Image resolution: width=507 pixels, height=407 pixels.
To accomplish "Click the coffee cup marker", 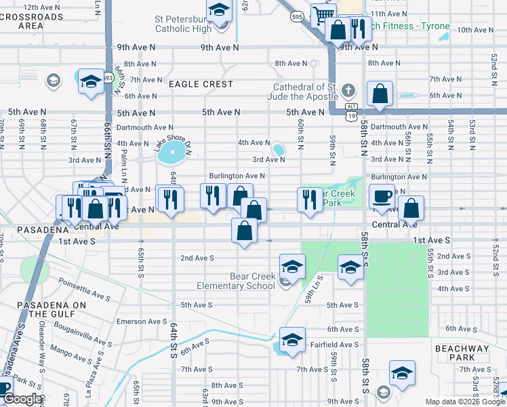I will [382, 195].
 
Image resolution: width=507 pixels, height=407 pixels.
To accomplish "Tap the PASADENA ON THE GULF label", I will [52, 310].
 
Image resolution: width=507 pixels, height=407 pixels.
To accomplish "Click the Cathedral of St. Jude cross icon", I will [348, 91].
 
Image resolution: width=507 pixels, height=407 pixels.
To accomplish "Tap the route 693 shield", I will [108, 77].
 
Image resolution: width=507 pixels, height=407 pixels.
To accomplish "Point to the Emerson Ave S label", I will [142, 322].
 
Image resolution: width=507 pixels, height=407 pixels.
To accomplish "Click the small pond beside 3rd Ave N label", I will [279, 149].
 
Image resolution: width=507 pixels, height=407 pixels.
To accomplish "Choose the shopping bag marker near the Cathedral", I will [380, 94].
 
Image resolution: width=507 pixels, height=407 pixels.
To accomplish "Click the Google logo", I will [22, 400].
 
